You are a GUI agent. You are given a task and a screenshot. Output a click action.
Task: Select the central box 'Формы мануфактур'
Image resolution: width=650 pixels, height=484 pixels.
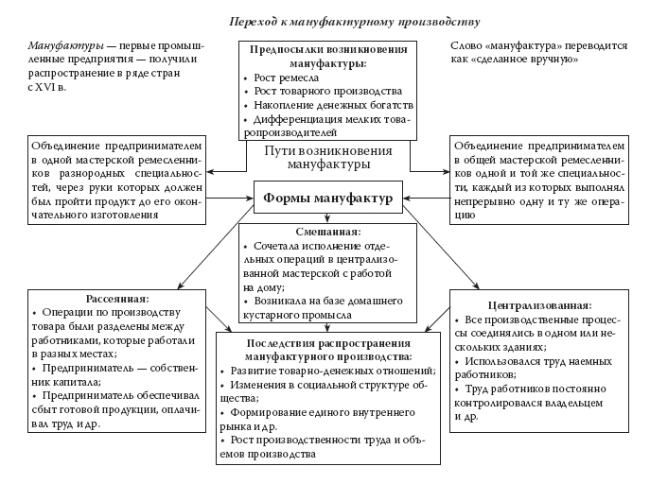pyautogui.click(x=328, y=199)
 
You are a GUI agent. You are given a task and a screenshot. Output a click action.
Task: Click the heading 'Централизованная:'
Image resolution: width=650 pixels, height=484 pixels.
pyautogui.click(x=540, y=306)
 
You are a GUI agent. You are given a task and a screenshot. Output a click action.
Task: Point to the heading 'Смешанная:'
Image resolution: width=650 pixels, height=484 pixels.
pyautogui.click(x=328, y=231)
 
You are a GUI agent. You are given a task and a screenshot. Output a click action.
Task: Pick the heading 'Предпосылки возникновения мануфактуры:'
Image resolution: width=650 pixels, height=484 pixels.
pyautogui.click(x=328, y=56)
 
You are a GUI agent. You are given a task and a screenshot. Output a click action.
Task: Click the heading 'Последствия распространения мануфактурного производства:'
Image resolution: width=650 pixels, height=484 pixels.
pyautogui.click(x=327, y=351)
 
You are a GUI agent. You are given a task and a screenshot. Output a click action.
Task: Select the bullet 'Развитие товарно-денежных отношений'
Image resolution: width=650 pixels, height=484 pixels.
pyautogui.click(x=331, y=372)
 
